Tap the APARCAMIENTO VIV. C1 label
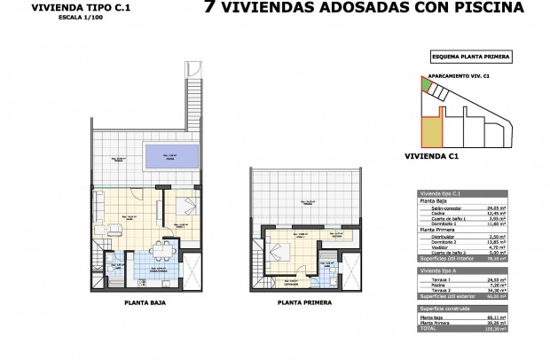point(460,77)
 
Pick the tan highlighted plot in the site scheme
point(429,133)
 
